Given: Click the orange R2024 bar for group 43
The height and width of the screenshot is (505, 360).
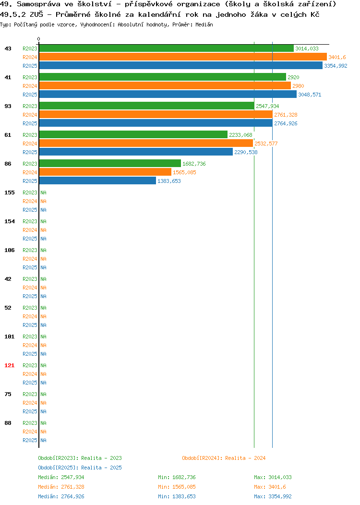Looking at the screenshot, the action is [x=183, y=57].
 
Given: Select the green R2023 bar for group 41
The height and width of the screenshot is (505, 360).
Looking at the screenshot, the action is [x=163, y=77].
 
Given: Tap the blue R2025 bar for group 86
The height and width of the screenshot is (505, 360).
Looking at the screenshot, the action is [x=97, y=180].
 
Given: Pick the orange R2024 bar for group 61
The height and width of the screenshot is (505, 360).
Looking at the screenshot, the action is [x=146, y=144].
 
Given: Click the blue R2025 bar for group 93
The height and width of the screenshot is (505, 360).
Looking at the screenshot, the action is [x=156, y=123].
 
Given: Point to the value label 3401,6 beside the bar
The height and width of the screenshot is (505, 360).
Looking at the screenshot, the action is [x=337, y=57].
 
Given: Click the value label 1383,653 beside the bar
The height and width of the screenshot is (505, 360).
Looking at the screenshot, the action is [x=169, y=181].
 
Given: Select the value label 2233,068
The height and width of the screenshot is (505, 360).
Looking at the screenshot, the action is [x=240, y=135].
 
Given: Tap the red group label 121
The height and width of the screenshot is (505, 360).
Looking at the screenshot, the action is [x=9, y=365].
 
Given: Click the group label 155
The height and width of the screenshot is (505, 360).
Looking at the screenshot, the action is [x=9, y=192].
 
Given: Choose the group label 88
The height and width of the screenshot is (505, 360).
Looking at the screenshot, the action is [x=8, y=423].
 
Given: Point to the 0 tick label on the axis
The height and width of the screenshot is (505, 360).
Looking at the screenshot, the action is [x=39, y=39].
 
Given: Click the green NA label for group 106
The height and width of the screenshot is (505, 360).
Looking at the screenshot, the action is [x=44, y=250].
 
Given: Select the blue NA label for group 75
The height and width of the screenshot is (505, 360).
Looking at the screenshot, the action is [x=44, y=411].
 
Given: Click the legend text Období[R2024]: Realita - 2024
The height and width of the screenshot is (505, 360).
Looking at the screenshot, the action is [x=224, y=458].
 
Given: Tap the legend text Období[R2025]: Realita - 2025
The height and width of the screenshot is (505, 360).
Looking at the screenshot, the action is [x=80, y=468].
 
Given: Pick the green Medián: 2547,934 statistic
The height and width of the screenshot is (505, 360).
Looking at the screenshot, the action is [x=61, y=477].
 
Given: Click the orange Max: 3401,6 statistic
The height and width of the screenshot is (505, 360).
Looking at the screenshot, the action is [x=270, y=487].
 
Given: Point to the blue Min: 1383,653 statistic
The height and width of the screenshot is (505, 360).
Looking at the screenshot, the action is [x=177, y=497].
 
